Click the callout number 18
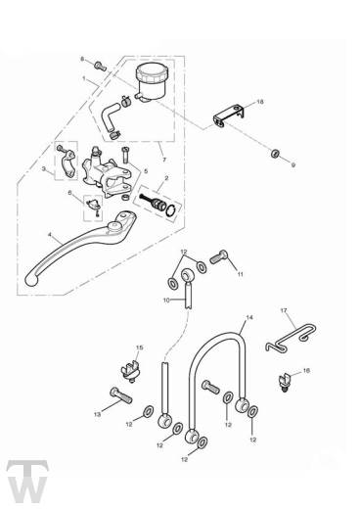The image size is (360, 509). coord(260,101)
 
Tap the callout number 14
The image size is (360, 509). coord(248,319)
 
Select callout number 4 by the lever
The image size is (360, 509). coord(47,236)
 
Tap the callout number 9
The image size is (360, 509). coord(292,164)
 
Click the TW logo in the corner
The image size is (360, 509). coord(22,479)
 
